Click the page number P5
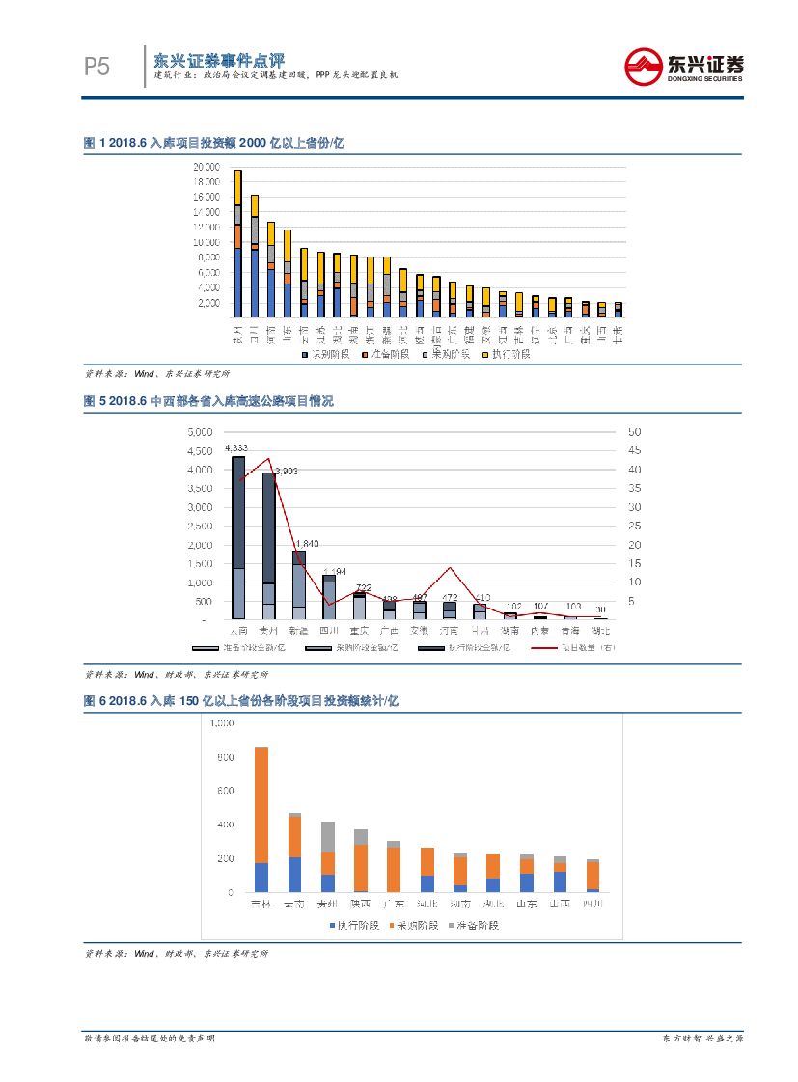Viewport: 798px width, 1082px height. (x=96, y=67)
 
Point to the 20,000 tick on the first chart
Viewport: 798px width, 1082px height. (x=206, y=167)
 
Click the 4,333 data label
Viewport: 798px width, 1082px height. (x=236, y=447)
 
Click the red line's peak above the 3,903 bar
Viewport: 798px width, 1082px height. (x=268, y=459)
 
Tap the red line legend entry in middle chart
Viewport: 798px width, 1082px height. (x=573, y=647)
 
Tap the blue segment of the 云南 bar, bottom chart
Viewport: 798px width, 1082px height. (x=294, y=874)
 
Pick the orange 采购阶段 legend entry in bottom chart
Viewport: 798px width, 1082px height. (x=414, y=925)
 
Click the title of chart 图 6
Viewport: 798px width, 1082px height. (x=241, y=701)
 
